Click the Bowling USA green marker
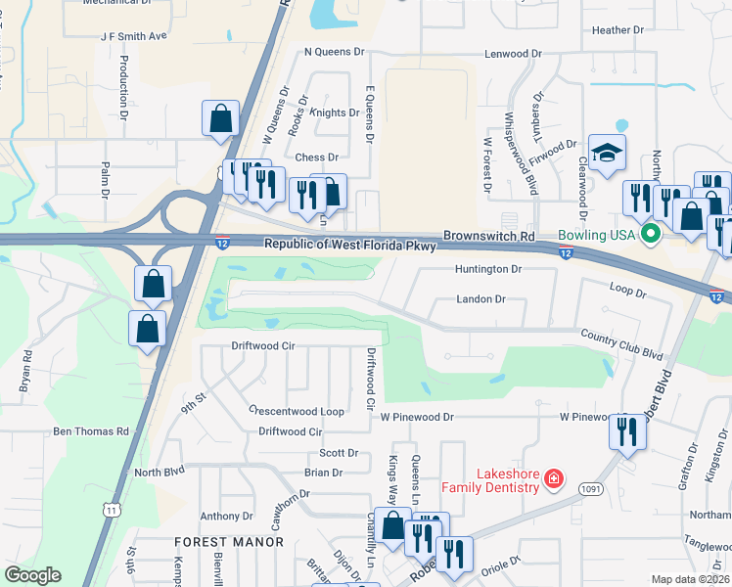coord(649,235)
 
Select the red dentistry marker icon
coord(553,478)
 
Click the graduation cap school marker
coord(608,154)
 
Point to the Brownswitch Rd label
coord(489,237)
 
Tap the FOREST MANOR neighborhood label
coord(216,541)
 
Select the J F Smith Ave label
coord(134,35)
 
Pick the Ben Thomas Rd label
coord(91,430)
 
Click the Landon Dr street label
coord(480,299)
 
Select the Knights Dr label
coord(335,113)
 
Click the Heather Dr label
coord(618,30)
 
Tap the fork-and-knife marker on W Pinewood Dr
coord(626,430)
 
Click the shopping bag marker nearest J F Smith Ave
coord(221,118)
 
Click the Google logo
coord(33,575)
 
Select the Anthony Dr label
coord(226,516)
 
